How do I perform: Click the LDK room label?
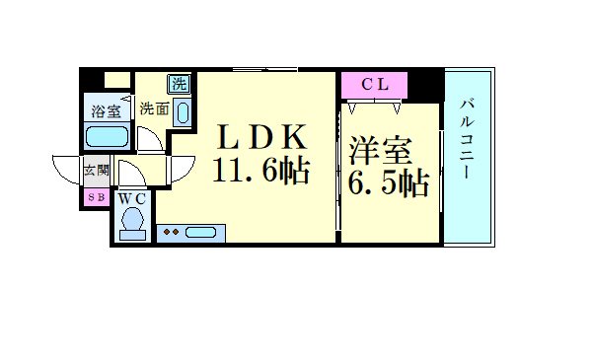[260, 136]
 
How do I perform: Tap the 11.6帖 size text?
[261, 172]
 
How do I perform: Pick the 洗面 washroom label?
[153, 108]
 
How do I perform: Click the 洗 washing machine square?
[180, 84]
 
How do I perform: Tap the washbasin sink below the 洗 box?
[184, 111]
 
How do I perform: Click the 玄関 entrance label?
[96, 172]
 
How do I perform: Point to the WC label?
[132, 198]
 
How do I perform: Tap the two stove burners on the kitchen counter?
[172, 233]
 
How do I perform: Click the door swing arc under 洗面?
[151, 137]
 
